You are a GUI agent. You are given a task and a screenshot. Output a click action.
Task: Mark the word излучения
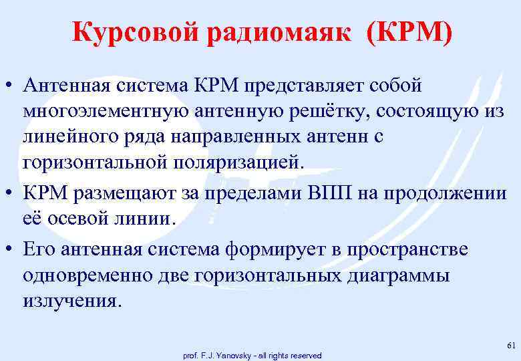[x=71, y=300]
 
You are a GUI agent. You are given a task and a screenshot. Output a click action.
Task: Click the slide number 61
[x=511, y=345]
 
